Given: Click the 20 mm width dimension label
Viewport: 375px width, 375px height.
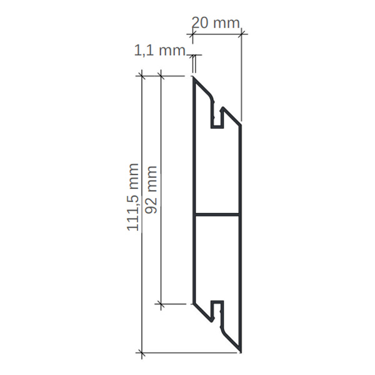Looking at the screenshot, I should click(216, 23).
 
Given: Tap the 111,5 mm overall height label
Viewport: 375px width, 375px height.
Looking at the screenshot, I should click(132, 197).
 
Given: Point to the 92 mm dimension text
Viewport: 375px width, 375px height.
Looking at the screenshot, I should click(151, 190).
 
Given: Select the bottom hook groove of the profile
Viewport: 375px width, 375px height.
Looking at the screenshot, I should click(217, 311).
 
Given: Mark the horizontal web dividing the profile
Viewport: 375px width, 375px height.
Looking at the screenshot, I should click(217, 214).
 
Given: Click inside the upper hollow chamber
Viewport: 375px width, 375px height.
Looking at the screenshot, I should click(217, 169).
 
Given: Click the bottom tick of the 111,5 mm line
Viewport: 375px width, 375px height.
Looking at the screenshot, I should click(142, 353).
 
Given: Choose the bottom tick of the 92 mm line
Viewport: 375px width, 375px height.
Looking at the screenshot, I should click(161, 304).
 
